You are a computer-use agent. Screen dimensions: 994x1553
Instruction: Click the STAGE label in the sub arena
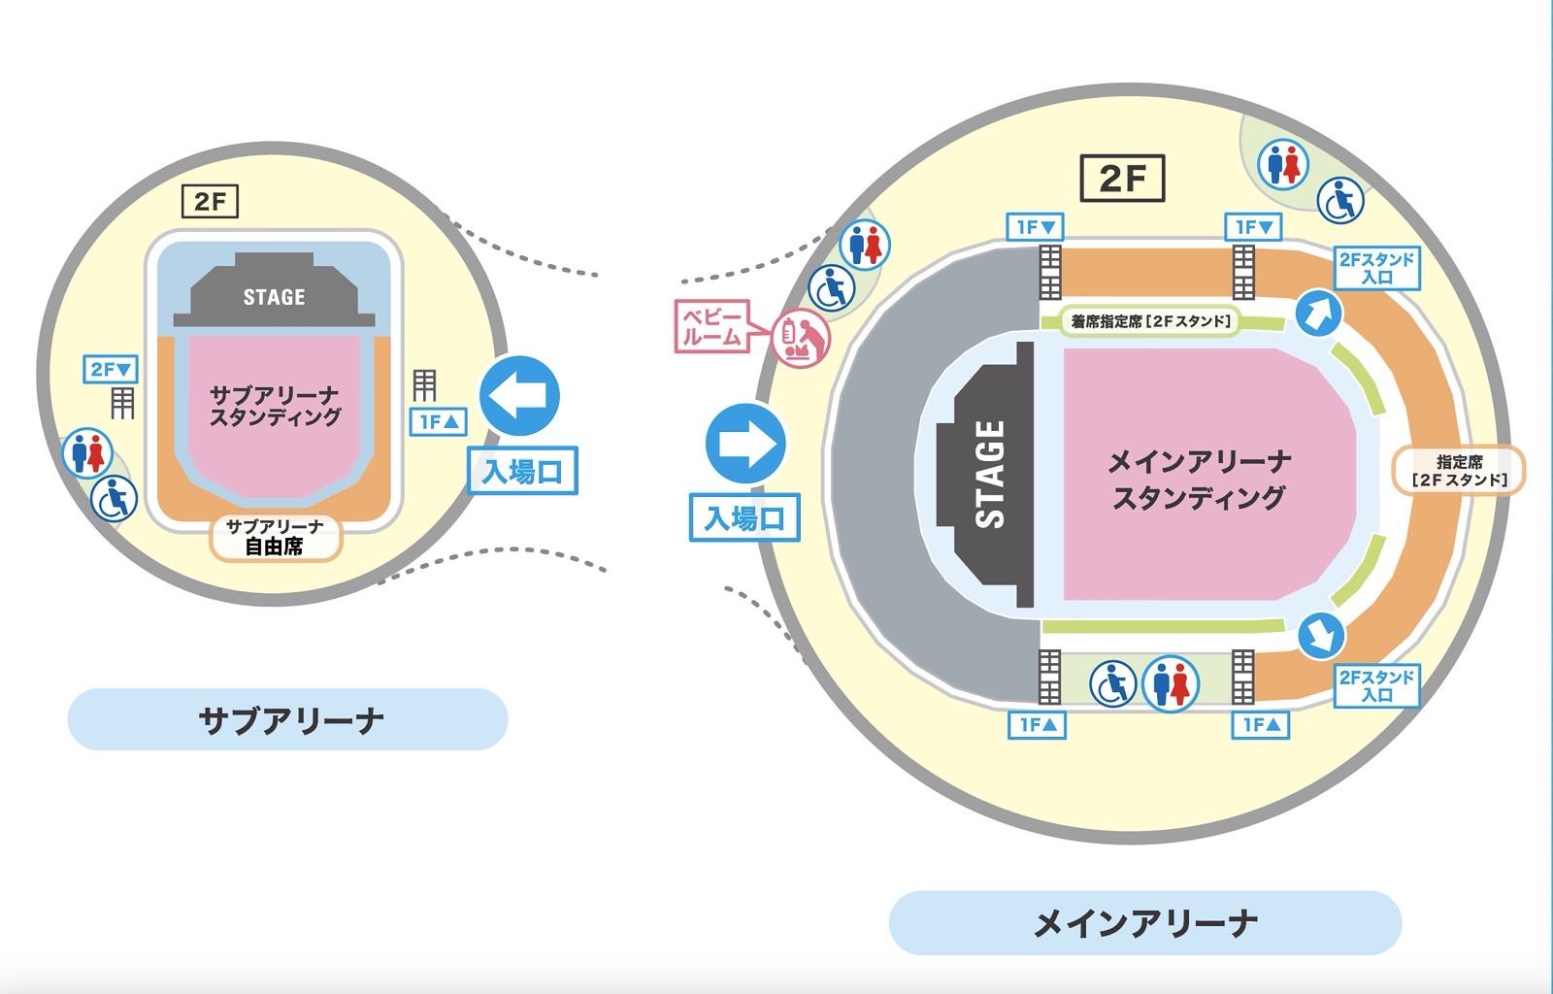point(274,297)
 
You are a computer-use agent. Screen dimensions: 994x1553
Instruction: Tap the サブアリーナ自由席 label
point(276,537)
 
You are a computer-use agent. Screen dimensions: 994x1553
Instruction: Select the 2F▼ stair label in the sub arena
point(111,369)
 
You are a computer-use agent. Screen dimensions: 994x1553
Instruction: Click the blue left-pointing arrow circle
point(520,396)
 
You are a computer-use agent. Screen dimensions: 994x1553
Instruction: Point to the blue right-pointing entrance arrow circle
point(745,444)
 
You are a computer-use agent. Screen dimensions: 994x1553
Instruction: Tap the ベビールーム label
point(711,326)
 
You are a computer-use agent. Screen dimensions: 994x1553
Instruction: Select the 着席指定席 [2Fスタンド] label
point(1151,321)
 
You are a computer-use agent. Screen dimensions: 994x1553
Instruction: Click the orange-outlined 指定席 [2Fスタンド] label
point(1459,471)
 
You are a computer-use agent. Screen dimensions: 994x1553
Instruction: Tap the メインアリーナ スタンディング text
point(1199,479)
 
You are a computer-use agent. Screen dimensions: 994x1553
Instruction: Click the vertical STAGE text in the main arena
point(989,474)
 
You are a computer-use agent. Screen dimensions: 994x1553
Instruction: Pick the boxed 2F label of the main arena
point(1122,179)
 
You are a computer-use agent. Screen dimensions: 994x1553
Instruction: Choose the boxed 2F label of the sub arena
point(210,202)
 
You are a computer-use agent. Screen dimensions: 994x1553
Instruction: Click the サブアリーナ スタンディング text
point(276,406)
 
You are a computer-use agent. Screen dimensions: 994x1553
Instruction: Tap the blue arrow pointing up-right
point(1319,314)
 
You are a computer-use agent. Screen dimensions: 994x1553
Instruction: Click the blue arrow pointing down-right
point(1321,636)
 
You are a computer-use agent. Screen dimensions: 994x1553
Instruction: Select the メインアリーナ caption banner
point(1144,922)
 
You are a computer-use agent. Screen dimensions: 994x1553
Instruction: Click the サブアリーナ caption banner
point(288,719)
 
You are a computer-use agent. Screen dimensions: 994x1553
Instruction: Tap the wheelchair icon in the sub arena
point(115,499)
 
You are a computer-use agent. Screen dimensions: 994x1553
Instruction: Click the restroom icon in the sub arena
point(87,453)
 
